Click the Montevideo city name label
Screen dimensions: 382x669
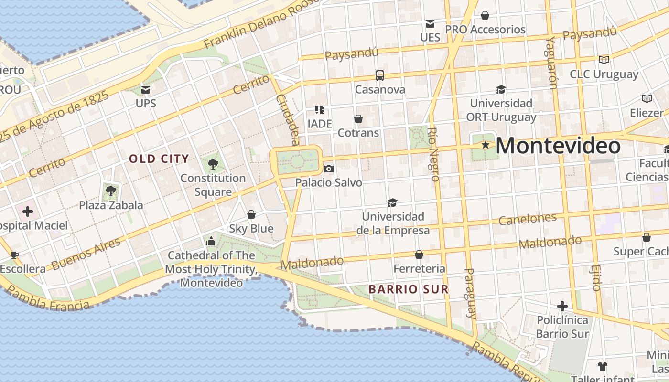tap(558, 146)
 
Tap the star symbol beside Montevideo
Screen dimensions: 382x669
tap(486, 145)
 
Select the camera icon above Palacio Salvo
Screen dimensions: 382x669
tap(328, 169)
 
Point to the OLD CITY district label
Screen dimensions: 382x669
tap(159, 159)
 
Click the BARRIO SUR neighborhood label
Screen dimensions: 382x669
tap(409, 289)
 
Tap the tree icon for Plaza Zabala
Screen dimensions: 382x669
tap(111, 191)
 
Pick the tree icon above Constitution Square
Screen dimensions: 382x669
tap(213, 164)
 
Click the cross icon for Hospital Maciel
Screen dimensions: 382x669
tap(28, 211)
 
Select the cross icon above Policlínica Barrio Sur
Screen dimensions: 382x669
tap(562, 306)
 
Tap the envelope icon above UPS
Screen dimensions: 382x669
tap(146, 89)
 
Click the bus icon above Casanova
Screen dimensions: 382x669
tap(380, 75)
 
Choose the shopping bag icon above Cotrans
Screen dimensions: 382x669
tap(358, 119)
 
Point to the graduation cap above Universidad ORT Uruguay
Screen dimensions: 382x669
tap(501, 89)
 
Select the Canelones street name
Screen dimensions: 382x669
tap(528, 219)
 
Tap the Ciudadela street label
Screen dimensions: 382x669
tap(289, 119)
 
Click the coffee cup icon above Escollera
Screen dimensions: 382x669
tap(15, 255)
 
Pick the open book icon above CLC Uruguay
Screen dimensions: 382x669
tap(604, 60)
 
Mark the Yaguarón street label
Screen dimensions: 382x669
tap(552, 63)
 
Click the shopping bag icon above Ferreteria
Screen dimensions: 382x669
tap(419, 255)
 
